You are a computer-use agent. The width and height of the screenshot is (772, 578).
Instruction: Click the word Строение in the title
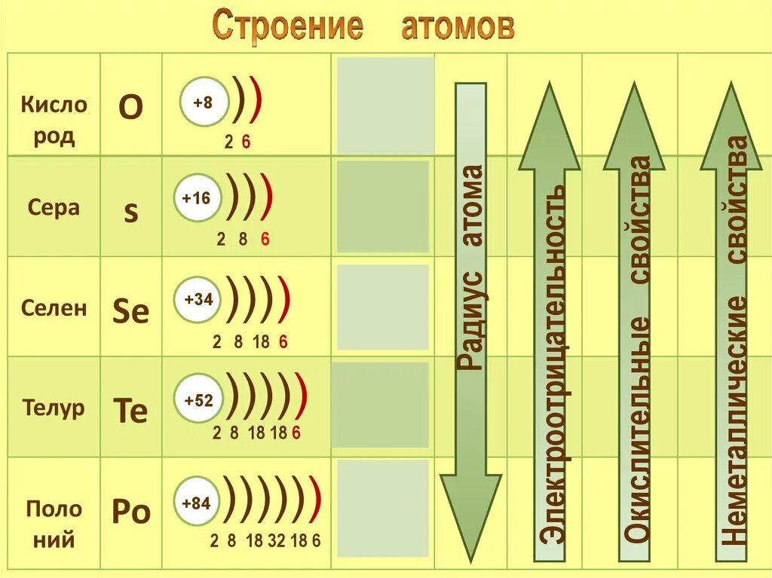tap(287, 26)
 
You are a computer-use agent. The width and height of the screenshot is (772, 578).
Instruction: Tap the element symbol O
tap(131, 108)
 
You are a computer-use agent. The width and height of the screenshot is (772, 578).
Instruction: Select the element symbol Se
tap(131, 311)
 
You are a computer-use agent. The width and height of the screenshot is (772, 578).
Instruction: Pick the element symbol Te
tap(130, 411)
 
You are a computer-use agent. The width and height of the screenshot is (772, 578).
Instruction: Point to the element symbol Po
tap(131, 512)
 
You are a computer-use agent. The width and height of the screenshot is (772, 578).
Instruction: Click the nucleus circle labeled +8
tap(202, 102)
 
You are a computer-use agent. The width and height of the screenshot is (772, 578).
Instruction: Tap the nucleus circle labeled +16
tap(196, 199)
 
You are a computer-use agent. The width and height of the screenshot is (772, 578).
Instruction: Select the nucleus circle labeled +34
tap(199, 299)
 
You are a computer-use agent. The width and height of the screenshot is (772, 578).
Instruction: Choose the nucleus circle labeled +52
tap(199, 400)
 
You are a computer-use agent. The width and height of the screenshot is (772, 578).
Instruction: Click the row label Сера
tap(54, 207)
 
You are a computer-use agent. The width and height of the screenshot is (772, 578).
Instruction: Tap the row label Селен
tap(54, 307)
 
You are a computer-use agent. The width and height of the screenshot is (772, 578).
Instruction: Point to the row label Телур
tap(54, 408)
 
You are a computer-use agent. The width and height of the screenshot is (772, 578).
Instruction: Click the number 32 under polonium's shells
tap(277, 540)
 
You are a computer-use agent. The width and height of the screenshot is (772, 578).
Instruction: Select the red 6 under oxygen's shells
tap(246, 141)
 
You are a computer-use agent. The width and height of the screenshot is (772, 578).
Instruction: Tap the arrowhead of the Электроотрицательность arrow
tap(549, 128)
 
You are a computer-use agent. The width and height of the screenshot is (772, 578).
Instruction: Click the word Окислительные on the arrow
tap(639, 426)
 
